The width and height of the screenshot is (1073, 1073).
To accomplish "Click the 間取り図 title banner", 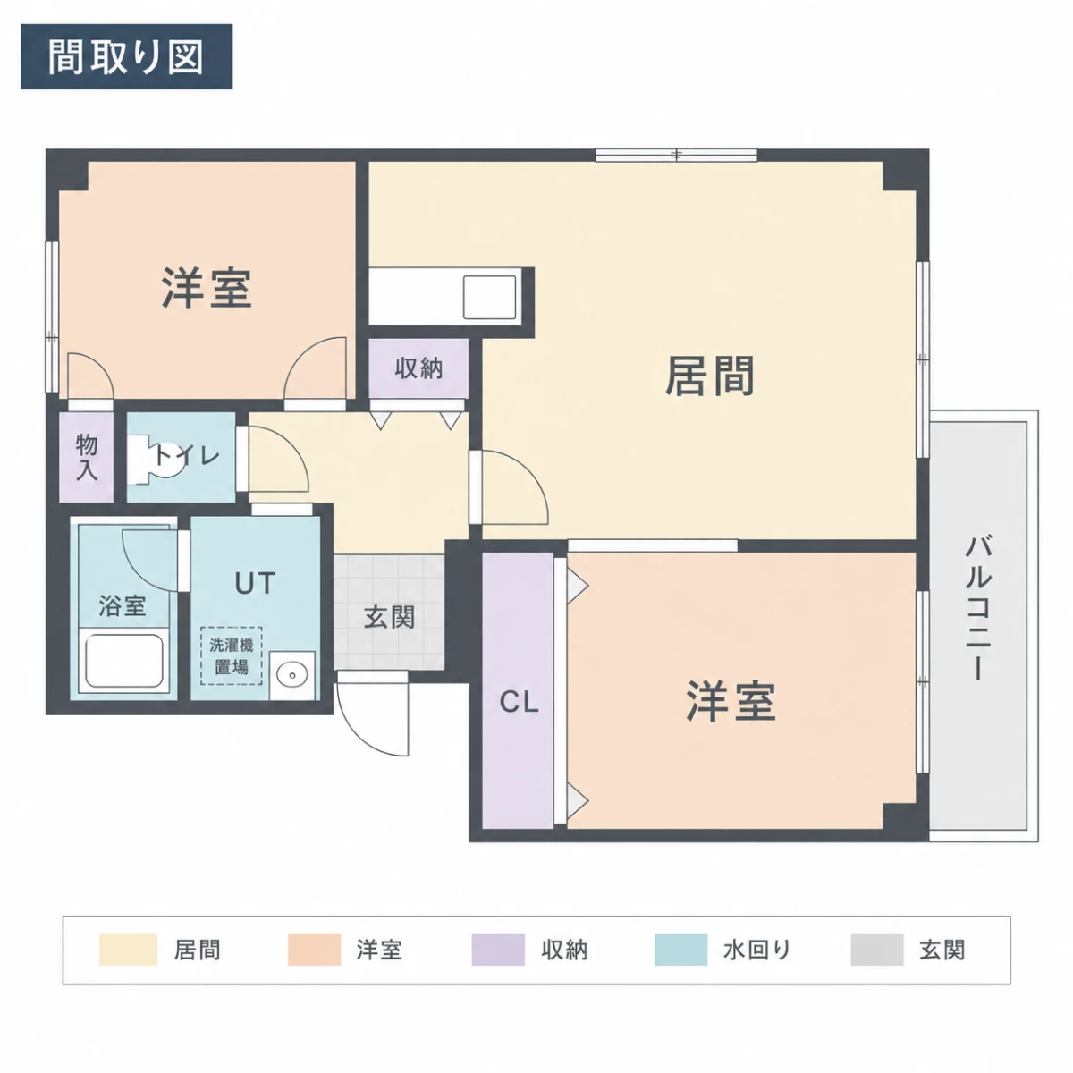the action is [126, 56].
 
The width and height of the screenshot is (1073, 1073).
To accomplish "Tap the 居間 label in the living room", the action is [710, 376].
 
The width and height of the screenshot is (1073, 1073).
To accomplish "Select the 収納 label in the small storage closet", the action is [418, 368].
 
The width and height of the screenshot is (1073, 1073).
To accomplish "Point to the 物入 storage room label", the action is [87, 457].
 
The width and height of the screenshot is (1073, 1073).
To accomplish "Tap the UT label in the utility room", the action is [255, 584].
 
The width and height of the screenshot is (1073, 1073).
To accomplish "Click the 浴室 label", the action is [123, 606].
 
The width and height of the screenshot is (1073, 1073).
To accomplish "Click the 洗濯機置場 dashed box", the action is [231, 656].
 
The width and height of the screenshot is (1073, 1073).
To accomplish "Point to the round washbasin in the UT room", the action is [292, 675].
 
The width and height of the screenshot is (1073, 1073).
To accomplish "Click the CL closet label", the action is [519, 702].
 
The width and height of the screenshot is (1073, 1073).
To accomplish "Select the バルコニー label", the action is [978, 608].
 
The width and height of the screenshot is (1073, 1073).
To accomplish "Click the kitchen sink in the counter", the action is [489, 297].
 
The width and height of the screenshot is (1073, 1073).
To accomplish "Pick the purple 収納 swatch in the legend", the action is [498, 950].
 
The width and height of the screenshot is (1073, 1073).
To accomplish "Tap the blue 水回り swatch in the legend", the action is [680, 950].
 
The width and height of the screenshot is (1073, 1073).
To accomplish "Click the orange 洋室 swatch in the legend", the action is [314, 950].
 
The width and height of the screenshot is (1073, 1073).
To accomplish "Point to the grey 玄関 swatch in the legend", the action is [877, 950].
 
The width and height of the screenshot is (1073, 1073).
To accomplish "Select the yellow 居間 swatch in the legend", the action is [128, 950].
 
